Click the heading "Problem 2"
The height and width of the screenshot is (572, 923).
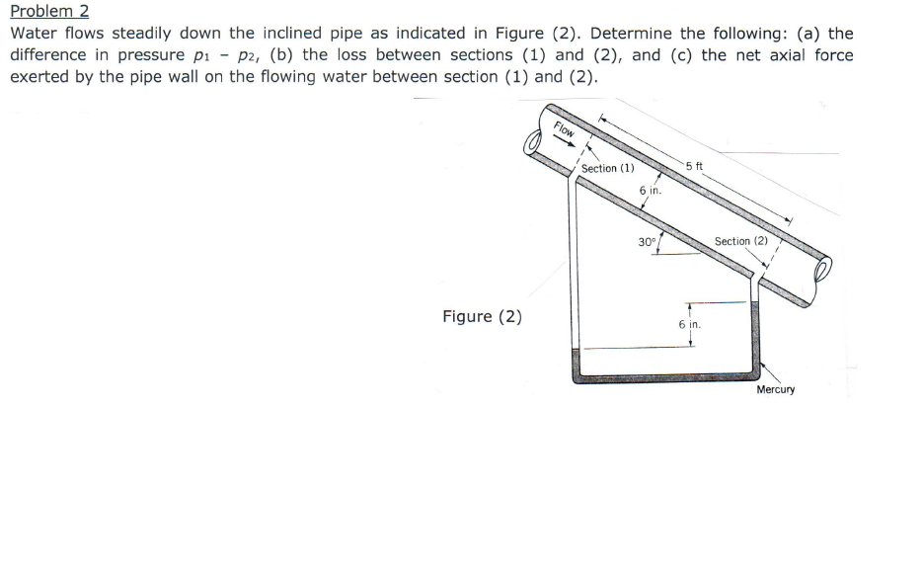(49, 11)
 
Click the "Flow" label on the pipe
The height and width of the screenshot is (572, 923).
(565, 128)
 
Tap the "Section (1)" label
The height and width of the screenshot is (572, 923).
(607, 168)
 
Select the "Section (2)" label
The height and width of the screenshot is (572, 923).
(740, 241)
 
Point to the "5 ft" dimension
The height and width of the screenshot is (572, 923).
(692, 165)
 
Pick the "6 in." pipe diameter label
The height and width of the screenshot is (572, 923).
(650, 190)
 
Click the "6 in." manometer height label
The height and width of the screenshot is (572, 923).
(689, 324)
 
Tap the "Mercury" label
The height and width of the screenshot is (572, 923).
(775, 389)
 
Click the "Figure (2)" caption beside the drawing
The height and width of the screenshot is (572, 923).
(482, 316)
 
